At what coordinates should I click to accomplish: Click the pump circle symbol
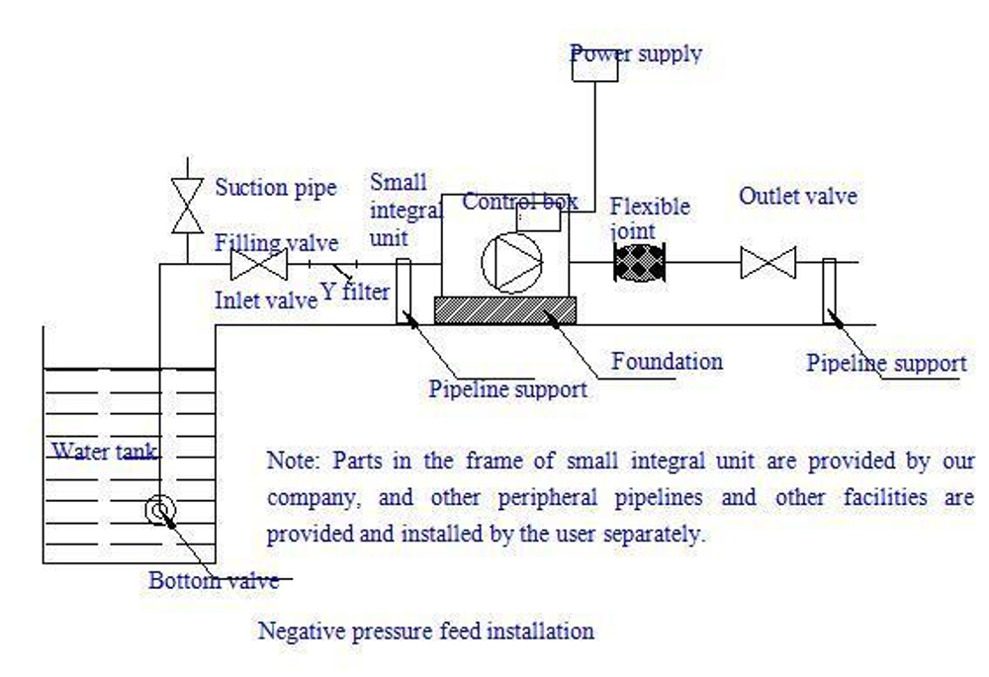click(x=511, y=263)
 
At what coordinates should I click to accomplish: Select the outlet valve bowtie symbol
click(x=768, y=264)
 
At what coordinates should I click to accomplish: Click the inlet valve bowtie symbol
click(x=258, y=265)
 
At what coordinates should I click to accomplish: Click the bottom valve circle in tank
click(x=159, y=510)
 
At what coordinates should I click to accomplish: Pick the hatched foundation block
click(x=504, y=310)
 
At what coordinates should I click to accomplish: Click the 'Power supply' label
click(x=637, y=53)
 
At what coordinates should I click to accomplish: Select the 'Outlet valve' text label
click(x=797, y=196)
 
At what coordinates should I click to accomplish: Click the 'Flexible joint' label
click(x=649, y=218)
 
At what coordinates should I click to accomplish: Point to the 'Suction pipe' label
click(x=276, y=187)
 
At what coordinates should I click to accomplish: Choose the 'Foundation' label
click(x=667, y=361)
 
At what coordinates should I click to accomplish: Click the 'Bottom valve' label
click(x=214, y=580)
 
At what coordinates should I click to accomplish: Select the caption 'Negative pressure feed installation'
click(x=426, y=630)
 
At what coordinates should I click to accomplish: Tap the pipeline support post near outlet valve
click(x=829, y=291)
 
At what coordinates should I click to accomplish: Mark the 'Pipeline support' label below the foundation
click(x=507, y=388)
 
